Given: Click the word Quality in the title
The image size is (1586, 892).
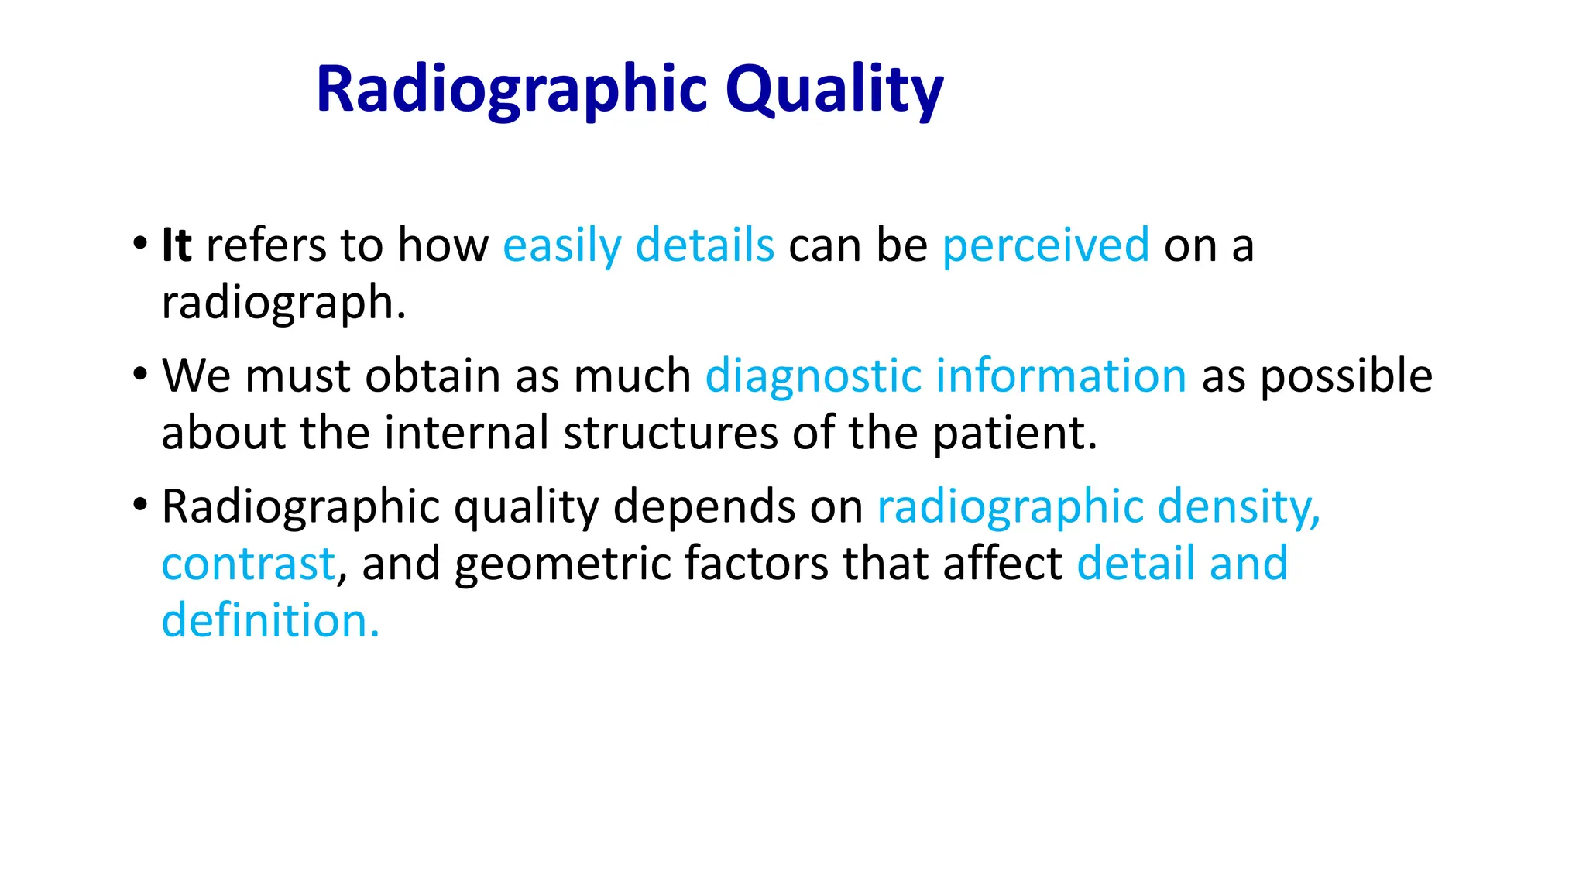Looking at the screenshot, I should (834, 90).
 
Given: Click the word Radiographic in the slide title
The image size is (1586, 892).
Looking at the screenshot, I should (512, 90).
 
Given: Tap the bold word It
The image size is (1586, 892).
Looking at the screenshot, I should (176, 245).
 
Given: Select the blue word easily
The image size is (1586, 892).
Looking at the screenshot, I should (561, 246).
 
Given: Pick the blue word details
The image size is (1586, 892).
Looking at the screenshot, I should (705, 245).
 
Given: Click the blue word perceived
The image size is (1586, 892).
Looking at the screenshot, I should (1045, 246).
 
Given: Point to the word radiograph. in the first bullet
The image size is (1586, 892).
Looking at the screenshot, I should (283, 302).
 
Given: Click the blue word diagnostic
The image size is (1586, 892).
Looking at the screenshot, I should (812, 376).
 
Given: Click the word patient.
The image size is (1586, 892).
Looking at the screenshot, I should (1014, 433).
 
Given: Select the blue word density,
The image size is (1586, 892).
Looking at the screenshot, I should (1239, 508).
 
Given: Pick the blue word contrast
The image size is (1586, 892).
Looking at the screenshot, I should (249, 564).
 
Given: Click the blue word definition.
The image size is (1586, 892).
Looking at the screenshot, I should (270, 621).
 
